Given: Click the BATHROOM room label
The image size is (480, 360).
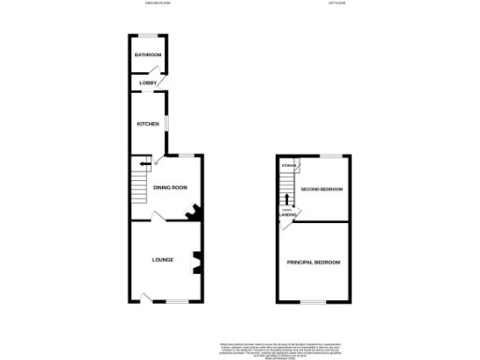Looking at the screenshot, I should (x=148, y=55).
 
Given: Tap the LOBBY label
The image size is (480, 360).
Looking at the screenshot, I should (x=147, y=84).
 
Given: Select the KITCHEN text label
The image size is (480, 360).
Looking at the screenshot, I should (x=148, y=124).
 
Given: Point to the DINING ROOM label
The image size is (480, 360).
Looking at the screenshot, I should (x=172, y=187).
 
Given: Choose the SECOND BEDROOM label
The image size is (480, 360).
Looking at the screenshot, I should (x=321, y=189).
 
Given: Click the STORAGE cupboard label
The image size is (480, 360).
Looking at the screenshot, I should (x=289, y=166).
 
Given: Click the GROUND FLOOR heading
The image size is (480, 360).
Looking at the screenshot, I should (x=147, y=4).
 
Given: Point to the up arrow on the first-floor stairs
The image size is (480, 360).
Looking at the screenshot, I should (x=288, y=198).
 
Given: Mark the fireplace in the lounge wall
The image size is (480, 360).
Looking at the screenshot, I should (x=197, y=263).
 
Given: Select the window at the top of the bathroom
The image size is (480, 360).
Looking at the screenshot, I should (x=148, y=36).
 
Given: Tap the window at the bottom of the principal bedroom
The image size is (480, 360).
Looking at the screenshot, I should (x=313, y=301).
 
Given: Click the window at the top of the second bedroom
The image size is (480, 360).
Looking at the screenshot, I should (x=331, y=155).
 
